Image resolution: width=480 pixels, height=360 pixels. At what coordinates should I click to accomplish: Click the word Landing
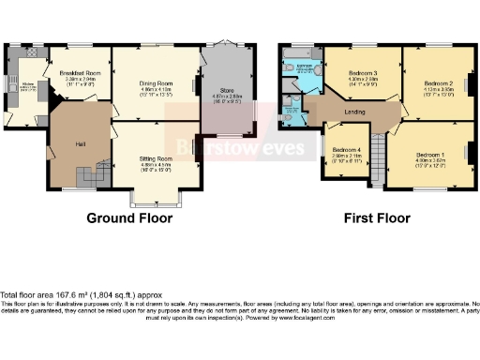point(355,113)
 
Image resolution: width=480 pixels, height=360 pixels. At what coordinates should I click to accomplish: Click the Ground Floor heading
point(129,218)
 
